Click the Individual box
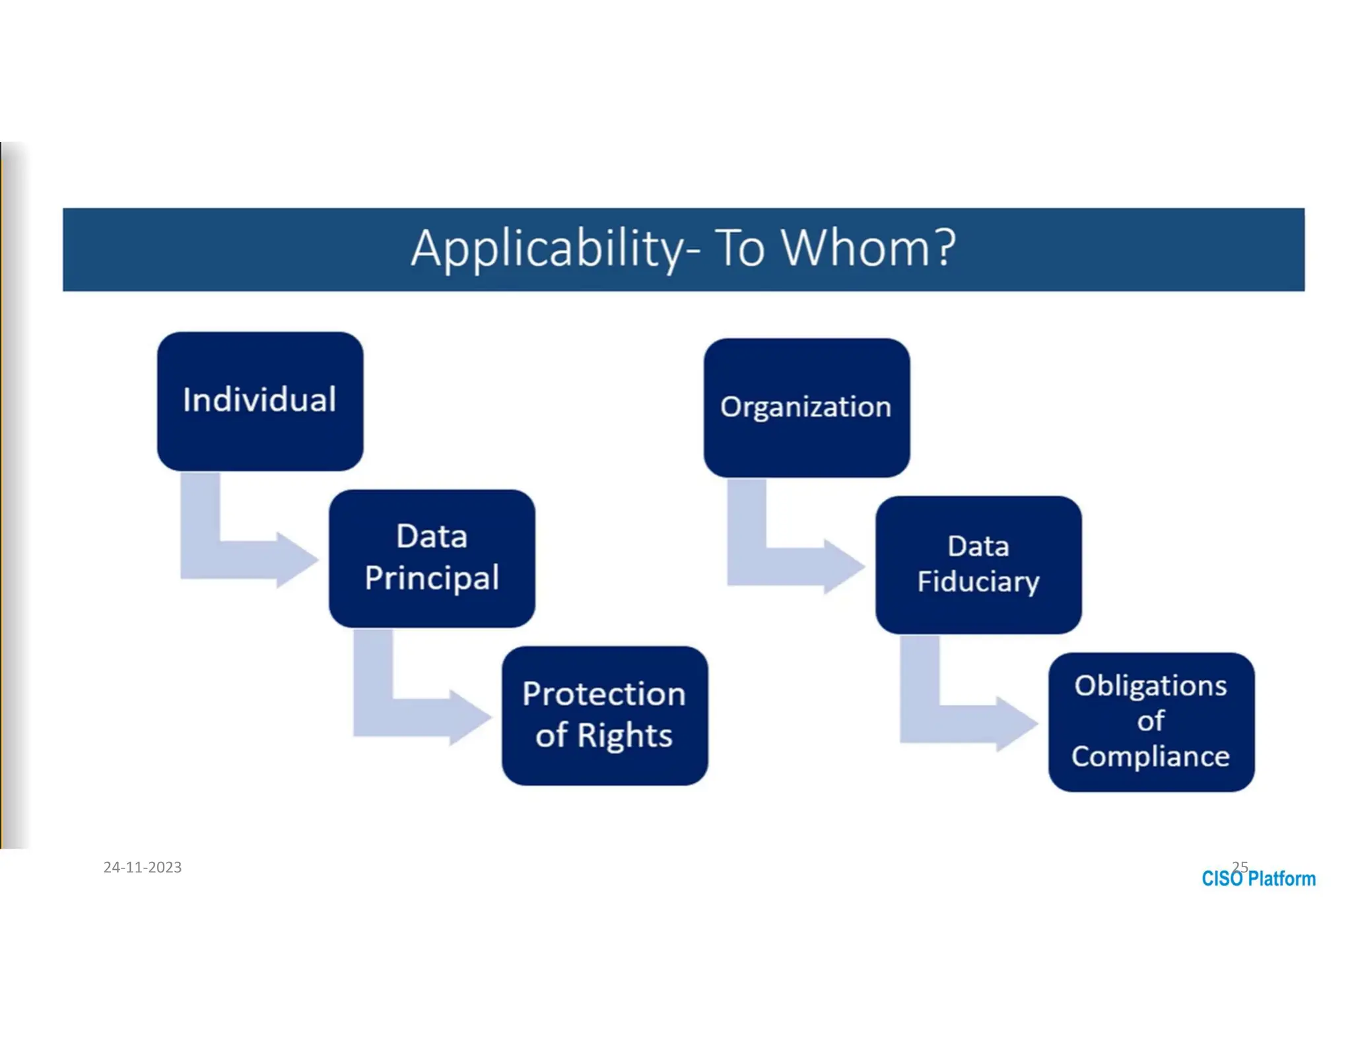pos(259,401)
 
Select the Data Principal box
pos(432,558)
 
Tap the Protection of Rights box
pos(604,715)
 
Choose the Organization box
pos(806,407)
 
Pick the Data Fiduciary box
pos(978,565)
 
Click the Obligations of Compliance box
pos(1151,722)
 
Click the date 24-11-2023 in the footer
pos(143,867)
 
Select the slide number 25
pos(1240,866)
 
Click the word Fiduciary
pos(978,582)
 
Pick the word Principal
pos(432,578)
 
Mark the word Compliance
pos(1150,756)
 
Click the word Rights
pos(625,735)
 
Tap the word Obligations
pos(1150,686)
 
